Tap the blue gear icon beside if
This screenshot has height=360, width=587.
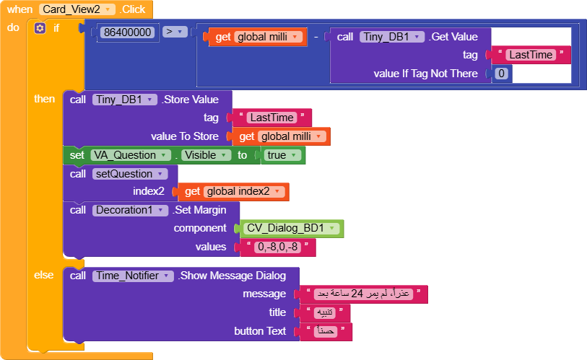tap(40, 28)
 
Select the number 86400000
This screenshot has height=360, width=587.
tap(128, 32)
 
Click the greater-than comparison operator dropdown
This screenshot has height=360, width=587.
tap(174, 32)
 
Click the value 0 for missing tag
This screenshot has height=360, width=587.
tap(501, 74)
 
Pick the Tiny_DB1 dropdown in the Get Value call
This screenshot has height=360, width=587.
tap(391, 37)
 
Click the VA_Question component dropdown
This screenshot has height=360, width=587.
tap(131, 155)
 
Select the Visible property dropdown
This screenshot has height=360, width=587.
tap(206, 155)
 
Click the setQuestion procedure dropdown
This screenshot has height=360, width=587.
tap(126, 174)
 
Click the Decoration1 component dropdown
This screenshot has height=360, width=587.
tap(131, 210)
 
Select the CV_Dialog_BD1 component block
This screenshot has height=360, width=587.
tap(291, 229)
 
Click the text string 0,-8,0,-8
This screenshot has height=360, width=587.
tap(278, 247)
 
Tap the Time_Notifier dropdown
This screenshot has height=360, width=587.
tap(133, 276)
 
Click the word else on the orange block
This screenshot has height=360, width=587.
tap(44, 275)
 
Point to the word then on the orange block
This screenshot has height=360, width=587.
tap(44, 99)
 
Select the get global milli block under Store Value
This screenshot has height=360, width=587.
tap(280, 136)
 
